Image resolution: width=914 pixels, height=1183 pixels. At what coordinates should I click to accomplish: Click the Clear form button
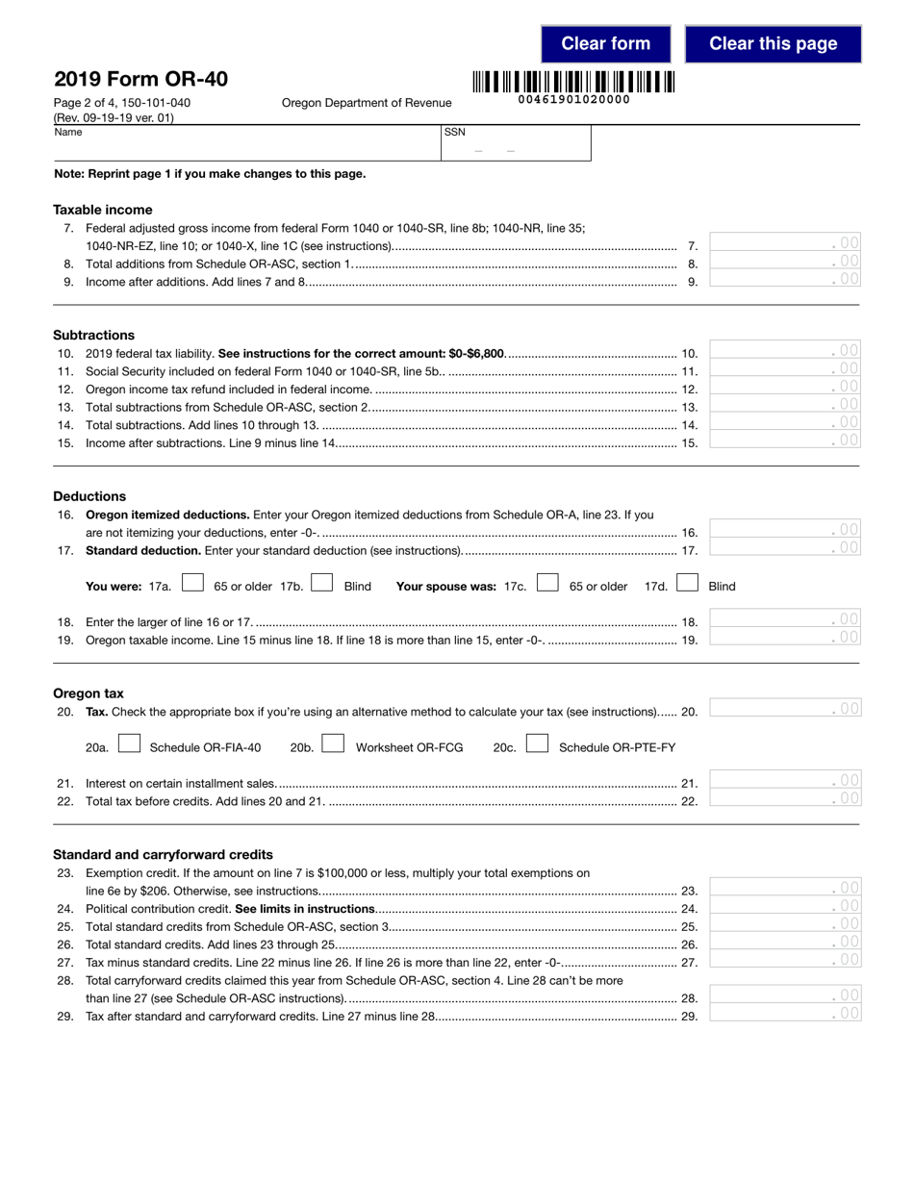click(x=606, y=44)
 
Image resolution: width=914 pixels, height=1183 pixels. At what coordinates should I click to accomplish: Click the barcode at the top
click(x=573, y=83)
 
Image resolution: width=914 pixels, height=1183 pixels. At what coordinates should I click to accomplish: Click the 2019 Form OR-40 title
click(x=140, y=79)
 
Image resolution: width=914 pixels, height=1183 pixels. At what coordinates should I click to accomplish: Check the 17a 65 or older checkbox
click(x=192, y=583)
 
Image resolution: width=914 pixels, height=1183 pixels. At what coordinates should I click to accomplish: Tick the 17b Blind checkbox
click(x=322, y=583)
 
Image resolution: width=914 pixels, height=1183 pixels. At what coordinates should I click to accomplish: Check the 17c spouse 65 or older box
click(x=547, y=583)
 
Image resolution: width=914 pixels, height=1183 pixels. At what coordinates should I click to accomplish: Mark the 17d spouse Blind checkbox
click(x=687, y=583)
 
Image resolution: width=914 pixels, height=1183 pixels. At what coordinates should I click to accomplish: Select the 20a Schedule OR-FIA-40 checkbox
click(x=129, y=744)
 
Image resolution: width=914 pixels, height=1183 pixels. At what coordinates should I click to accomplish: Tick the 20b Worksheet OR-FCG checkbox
click(x=333, y=744)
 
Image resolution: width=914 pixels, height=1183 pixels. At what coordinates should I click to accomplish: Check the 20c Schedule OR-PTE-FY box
click(x=537, y=744)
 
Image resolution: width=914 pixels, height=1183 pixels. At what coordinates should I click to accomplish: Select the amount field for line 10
click(x=784, y=351)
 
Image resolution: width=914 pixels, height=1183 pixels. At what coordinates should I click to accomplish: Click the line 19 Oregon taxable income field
click(x=784, y=638)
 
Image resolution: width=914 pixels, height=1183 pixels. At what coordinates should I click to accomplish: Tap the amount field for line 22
click(x=784, y=798)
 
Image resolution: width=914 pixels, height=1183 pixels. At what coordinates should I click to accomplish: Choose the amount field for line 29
click(x=784, y=1013)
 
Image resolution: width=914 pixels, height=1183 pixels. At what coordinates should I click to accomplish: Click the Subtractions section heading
click(x=94, y=336)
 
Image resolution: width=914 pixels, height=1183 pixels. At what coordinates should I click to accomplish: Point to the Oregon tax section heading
click(x=89, y=693)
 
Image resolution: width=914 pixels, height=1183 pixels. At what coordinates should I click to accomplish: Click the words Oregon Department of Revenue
click(x=367, y=103)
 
